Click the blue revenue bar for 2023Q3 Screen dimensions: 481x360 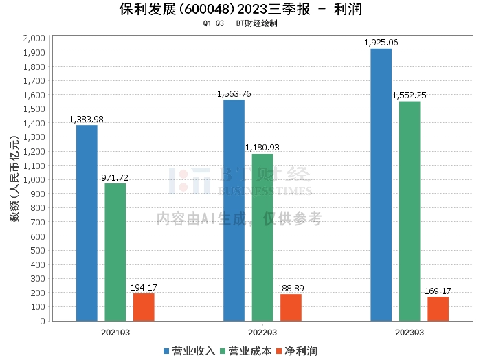381,185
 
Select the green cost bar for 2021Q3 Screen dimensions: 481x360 115,252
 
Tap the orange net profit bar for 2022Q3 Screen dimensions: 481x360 291,308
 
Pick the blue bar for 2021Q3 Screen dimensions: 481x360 87,223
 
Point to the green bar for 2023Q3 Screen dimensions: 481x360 410,212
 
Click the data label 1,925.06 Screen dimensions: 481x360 381,43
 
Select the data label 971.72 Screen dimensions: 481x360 115,177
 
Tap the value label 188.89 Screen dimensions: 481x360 291,289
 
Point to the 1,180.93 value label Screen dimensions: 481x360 262,148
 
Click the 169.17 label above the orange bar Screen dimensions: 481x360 438,291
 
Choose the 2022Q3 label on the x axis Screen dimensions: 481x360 262,333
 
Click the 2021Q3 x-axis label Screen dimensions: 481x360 115,333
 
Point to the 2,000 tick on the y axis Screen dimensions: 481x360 34,38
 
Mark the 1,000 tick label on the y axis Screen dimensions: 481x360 34,180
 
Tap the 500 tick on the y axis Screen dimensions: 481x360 38,251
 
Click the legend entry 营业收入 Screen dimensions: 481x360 189,351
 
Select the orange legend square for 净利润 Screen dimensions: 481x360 279,351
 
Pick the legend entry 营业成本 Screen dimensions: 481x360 246,351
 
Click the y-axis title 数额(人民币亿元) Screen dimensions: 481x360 14,179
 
